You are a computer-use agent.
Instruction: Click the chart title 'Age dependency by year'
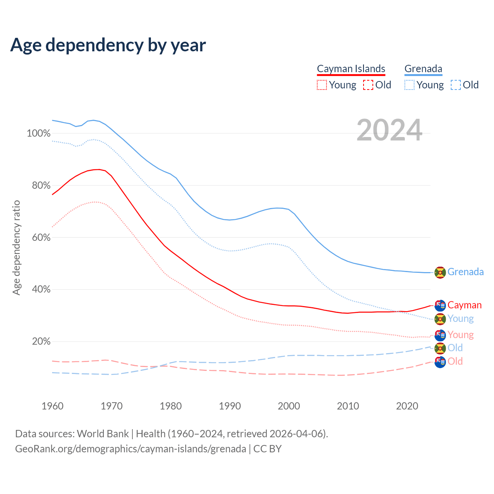[x=108, y=45]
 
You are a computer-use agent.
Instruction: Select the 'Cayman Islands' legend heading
[x=351, y=69]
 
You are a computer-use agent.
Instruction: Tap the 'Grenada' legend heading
[x=423, y=69]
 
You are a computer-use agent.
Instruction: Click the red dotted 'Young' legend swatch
[x=321, y=85]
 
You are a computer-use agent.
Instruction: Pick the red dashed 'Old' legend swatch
[x=368, y=85]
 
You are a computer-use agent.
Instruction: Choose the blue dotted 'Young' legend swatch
[x=409, y=85]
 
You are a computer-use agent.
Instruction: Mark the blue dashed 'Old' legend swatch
[x=455, y=85]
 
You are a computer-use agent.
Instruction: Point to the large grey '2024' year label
[x=389, y=130]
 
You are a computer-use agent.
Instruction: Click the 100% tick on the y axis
[x=39, y=134]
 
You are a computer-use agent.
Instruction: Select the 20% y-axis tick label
[x=41, y=342]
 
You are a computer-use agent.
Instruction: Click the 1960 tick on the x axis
[x=52, y=406]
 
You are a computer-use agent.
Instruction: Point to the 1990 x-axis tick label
[x=230, y=406]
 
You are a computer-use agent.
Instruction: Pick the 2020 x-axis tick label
[x=407, y=406]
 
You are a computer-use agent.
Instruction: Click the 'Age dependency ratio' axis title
[x=16, y=247]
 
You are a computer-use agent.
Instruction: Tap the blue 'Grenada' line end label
[x=465, y=272]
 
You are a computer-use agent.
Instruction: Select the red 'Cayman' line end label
[x=465, y=305]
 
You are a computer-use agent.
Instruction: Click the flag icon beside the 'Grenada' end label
[x=440, y=272]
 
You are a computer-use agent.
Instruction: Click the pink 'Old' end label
[x=455, y=361]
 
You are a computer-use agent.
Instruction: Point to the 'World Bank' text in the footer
[x=103, y=434]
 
